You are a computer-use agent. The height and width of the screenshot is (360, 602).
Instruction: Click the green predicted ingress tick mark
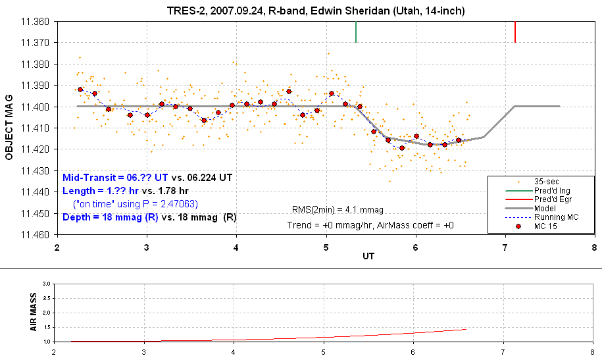(356, 32)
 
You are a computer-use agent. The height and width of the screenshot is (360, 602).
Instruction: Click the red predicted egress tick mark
(515, 32)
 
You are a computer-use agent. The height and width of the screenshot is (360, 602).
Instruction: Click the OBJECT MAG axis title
(9, 127)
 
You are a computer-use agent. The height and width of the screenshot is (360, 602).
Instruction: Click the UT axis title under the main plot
(368, 256)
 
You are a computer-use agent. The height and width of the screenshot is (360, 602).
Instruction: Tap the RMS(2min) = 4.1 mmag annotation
(338, 210)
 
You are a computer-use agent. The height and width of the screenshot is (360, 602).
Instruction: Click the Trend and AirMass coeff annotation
(370, 225)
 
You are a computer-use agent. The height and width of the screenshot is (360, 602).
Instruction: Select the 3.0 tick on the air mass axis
(46, 284)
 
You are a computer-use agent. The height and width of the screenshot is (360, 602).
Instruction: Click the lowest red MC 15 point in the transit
(401, 148)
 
